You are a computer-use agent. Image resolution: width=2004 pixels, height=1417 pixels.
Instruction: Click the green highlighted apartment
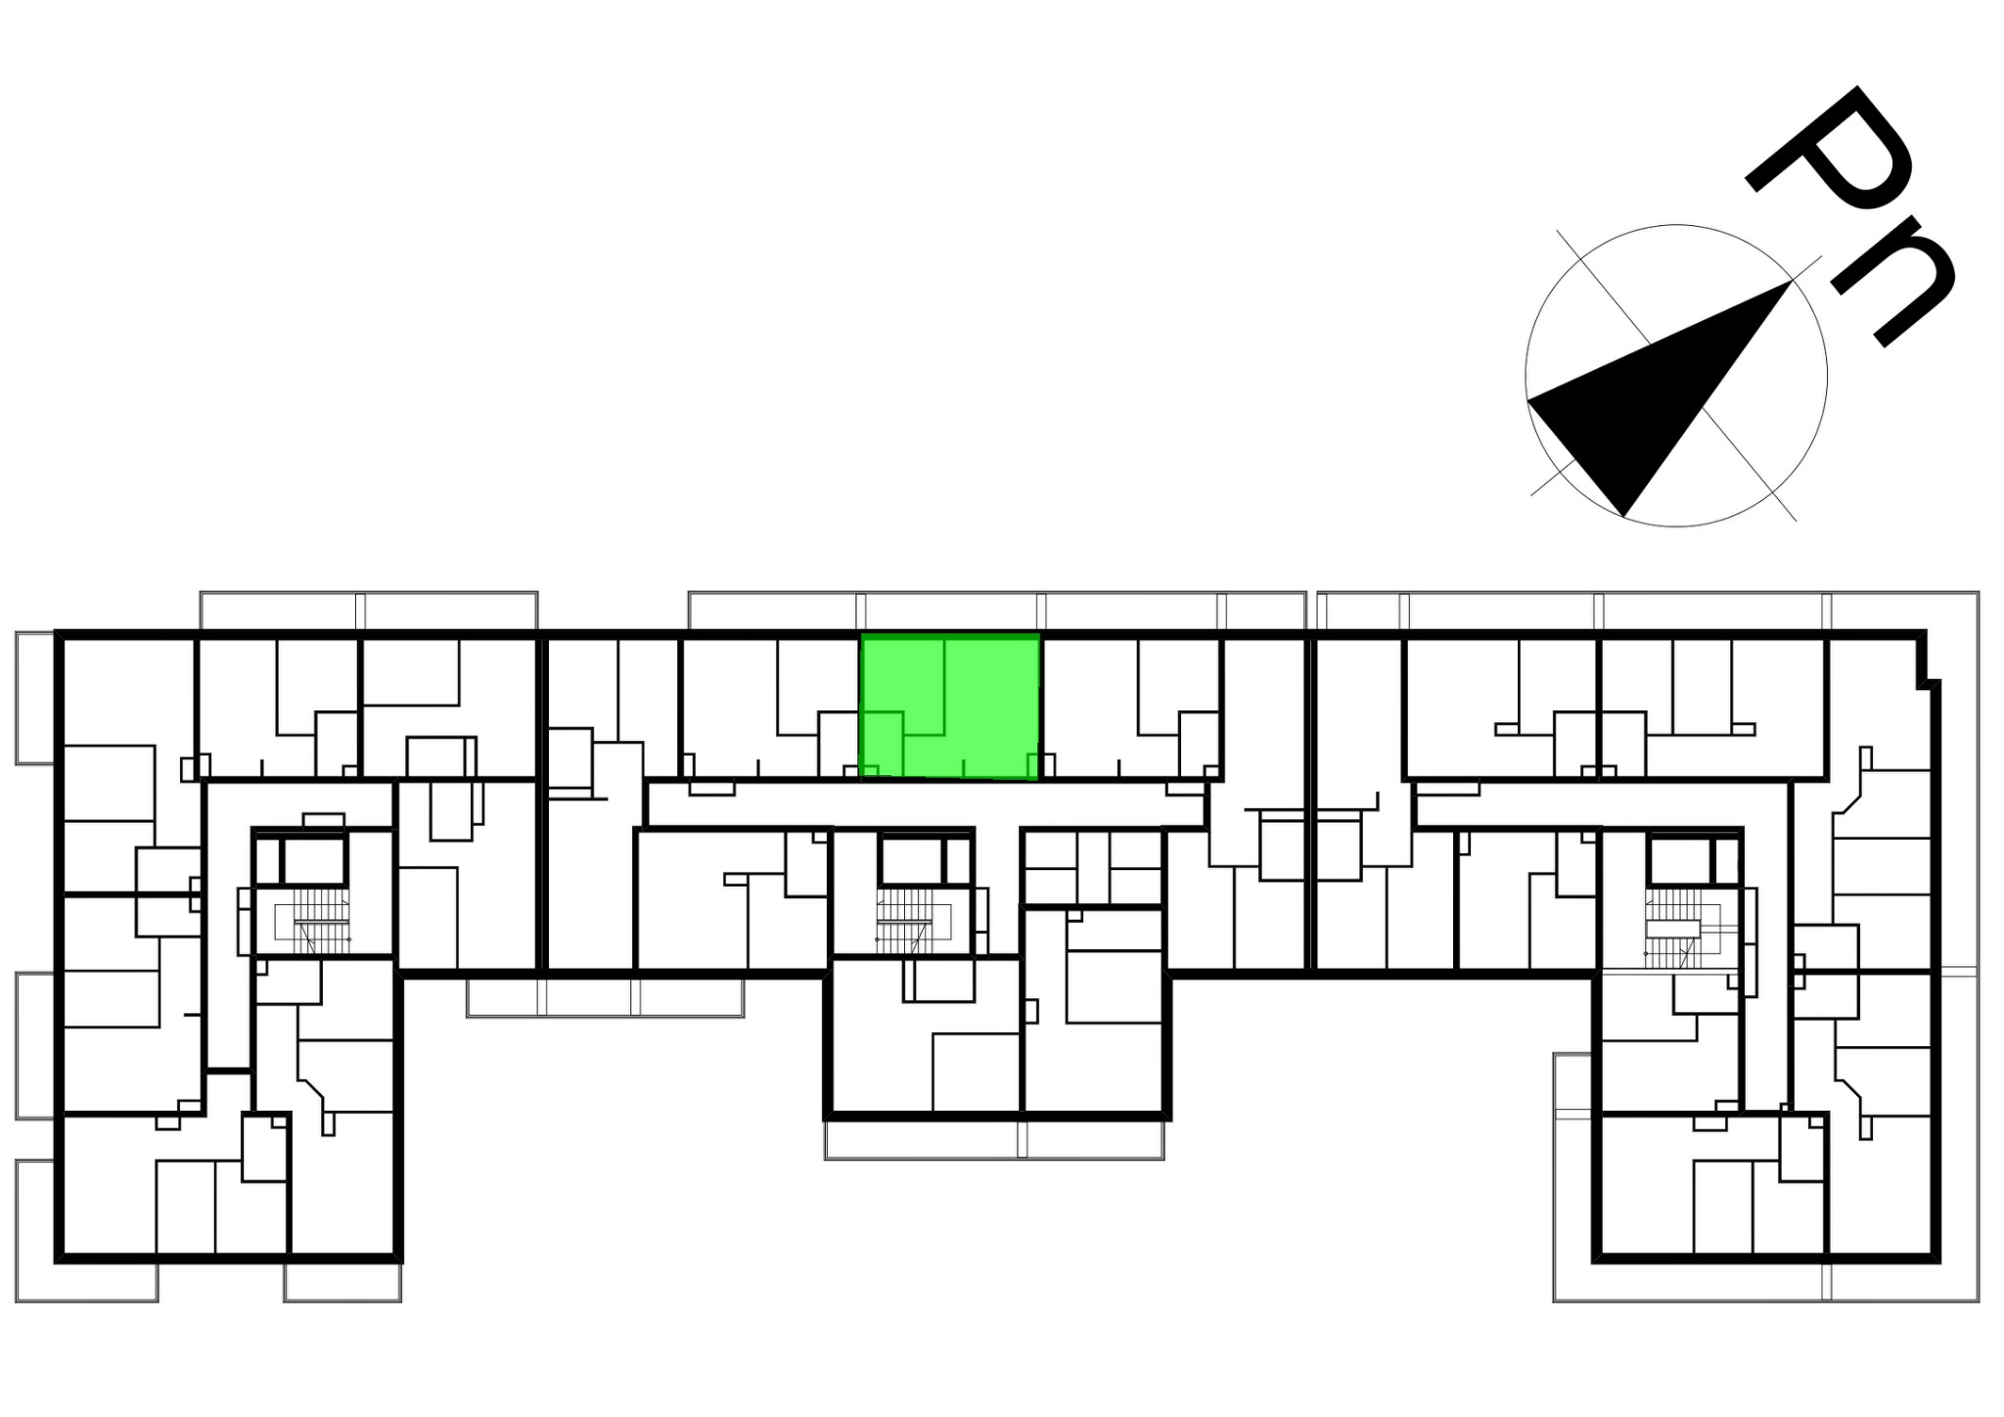[x=949, y=707]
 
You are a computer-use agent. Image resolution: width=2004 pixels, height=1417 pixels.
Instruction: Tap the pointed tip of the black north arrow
[x=1791, y=281]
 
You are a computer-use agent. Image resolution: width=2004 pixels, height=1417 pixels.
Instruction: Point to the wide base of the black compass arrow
[x=1575, y=457]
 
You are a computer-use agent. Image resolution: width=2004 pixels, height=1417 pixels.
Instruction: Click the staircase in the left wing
[x=312, y=921]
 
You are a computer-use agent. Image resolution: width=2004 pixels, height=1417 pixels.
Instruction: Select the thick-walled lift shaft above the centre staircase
[x=911, y=860]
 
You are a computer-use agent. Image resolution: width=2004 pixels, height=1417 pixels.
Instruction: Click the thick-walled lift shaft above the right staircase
[x=1679, y=860]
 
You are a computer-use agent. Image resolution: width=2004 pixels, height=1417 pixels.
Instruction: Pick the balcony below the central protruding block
[x=994, y=1140]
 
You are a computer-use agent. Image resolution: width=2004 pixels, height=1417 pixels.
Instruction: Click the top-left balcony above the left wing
[x=369, y=610]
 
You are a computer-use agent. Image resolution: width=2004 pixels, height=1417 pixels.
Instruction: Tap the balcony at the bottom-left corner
[x=86, y=1231]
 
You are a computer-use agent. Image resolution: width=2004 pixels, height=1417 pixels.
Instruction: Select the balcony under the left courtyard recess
[x=605, y=997]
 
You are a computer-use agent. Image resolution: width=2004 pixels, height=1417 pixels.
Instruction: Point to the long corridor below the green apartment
[x=926, y=804]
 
